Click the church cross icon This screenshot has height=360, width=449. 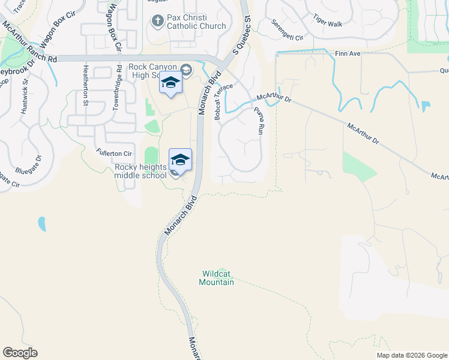click(158, 22)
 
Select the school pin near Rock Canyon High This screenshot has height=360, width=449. click(170, 84)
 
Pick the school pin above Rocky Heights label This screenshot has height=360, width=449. click(180, 160)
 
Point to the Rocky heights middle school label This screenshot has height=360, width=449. click(140, 171)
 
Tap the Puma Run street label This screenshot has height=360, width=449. click(259, 121)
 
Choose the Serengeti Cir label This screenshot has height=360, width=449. click(288, 29)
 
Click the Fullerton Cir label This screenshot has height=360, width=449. click(113, 154)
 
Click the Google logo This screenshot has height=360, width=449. click(20, 353)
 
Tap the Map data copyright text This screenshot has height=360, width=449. click(412, 355)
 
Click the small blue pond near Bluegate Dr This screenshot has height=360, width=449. click(41, 224)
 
